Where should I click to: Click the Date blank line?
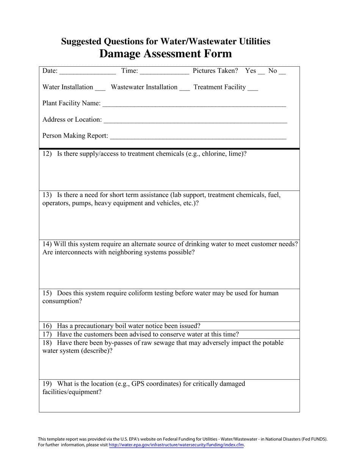[88, 72]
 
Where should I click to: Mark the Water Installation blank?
[100, 88]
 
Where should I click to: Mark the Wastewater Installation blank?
[185, 88]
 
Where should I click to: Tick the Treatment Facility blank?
[252, 88]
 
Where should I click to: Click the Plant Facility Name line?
[194, 105]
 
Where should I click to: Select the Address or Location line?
[195, 121]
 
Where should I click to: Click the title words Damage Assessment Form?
[166, 54]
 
